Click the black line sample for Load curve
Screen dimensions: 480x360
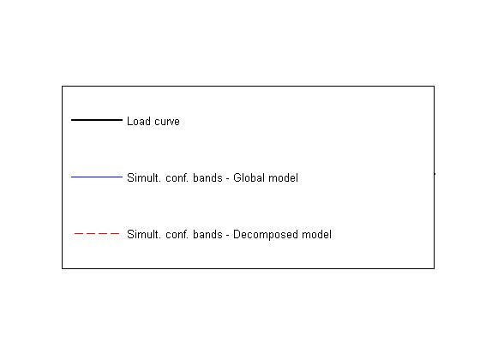coord(97,120)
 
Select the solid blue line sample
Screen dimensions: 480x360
coord(97,177)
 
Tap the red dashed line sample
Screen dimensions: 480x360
coord(97,233)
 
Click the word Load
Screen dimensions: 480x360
coord(139,121)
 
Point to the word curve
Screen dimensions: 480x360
coord(167,122)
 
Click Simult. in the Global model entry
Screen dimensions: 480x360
coord(144,178)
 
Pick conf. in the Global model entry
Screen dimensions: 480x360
coord(177,178)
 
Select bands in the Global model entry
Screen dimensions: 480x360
coord(207,178)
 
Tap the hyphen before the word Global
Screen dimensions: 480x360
coord(228,179)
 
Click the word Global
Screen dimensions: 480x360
coord(249,178)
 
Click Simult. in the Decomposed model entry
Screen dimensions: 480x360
coord(144,235)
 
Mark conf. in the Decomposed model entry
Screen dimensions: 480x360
coord(177,235)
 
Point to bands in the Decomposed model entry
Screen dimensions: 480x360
coord(207,235)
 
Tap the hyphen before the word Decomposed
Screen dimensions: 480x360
coord(228,236)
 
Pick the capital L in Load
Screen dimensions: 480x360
coord(130,121)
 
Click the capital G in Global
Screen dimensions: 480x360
coord(237,178)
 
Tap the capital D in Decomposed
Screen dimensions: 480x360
coord(237,235)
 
